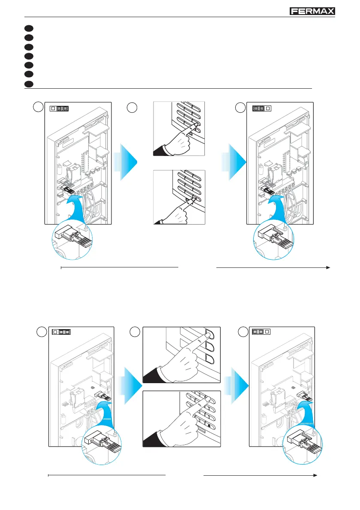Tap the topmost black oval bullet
pyautogui.click(x=29, y=28)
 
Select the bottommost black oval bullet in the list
pyautogui.click(x=29, y=83)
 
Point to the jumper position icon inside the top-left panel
pyautogui.click(x=60, y=108)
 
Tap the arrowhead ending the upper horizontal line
pyautogui.click(x=328, y=267)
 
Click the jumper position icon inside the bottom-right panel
pyautogui.click(x=261, y=332)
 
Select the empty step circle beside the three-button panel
pyautogui.click(x=135, y=332)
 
